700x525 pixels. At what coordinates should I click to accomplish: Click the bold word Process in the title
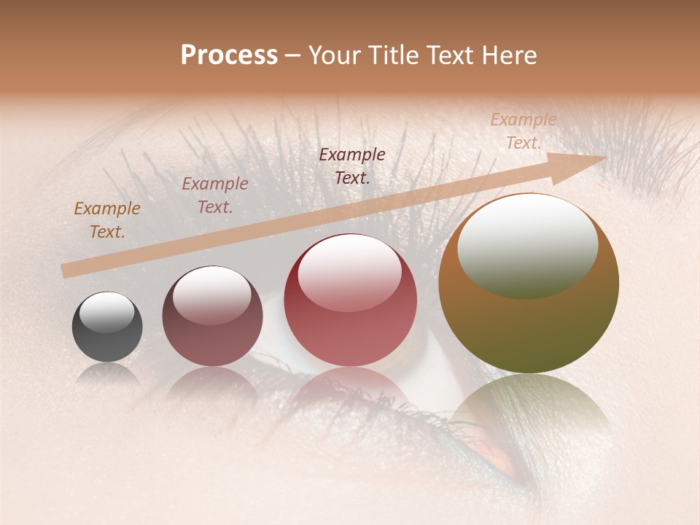(229, 55)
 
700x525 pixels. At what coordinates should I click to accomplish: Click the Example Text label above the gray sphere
(107, 220)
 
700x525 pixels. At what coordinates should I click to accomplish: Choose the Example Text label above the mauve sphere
(215, 195)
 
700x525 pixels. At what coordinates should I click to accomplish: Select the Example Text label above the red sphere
(352, 166)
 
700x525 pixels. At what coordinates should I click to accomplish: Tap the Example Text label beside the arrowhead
(523, 131)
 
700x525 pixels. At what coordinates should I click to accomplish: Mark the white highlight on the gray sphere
(107, 312)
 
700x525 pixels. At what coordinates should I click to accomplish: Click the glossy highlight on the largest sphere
(527, 244)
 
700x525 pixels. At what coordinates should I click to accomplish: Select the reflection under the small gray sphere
(107, 374)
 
